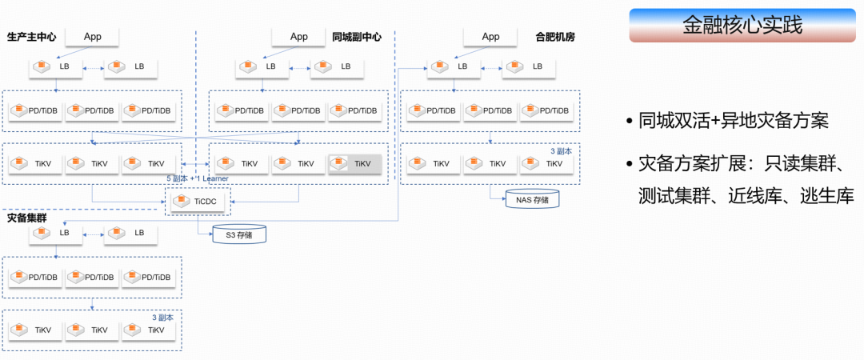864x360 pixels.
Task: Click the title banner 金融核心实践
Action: pos(742,26)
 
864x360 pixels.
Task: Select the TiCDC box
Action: pos(198,202)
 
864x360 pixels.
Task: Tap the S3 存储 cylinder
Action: pos(239,234)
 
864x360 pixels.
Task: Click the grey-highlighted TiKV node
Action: pos(355,163)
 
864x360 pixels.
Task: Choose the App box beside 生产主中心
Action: pos(93,37)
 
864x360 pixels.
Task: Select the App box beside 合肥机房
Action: pos(490,37)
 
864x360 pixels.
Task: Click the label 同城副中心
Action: pos(357,37)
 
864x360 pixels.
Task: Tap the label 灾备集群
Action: pos(26,218)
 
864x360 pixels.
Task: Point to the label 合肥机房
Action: pos(555,37)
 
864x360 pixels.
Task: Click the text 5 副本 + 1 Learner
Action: pos(198,178)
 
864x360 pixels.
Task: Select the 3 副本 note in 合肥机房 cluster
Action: pos(562,150)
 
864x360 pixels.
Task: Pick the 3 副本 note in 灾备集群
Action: pos(163,318)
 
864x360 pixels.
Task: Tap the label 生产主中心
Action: pos(31,37)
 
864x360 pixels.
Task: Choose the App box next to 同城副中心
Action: pos(298,37)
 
